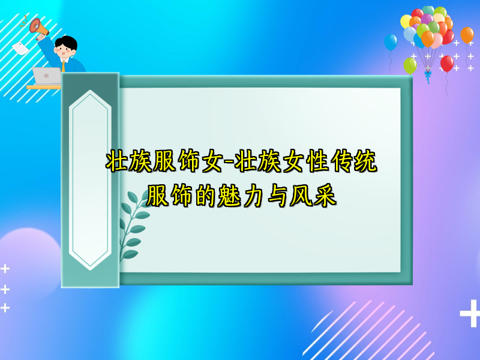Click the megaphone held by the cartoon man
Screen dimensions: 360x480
pyautogui.click(x=37, y=26)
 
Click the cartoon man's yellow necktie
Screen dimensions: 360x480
pyautogui.click(x=64, y=65)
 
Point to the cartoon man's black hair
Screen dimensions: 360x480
pyautogui.click(x=66, y=42)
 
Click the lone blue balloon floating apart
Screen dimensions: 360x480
pyautogui.click(x=391, y=42)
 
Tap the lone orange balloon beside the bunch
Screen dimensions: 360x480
pyautogui.click(x=467, y=35)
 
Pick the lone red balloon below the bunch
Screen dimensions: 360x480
pyautogui.click(x=447, y=63)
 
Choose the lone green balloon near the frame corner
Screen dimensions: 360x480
pyautogui.click(x=410, y=65)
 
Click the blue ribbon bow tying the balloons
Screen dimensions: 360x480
pyautogui.click(x=428, y=75)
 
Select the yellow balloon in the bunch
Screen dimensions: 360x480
pyautogui.click(x=406, y=22)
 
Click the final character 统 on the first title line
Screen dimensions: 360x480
pyautogui.click(x=365, y=162)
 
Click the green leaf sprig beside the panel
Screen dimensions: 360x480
pyautogui.click(x=133, y=228)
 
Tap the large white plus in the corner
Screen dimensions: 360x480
pyautogui.click(x=469, y=314)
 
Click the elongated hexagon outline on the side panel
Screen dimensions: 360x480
pyautogui.click(x=90, y=180)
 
